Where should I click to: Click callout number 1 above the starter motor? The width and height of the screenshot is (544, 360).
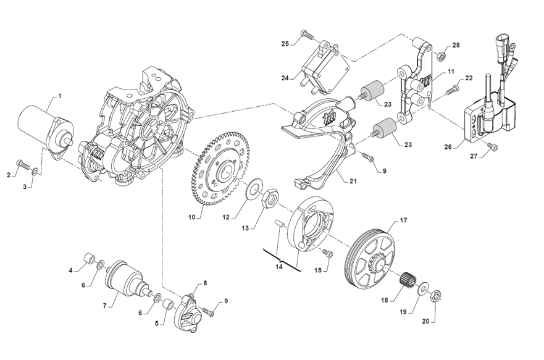(x=60, y=96)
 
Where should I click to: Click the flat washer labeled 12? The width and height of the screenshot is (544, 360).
(x=253, y=189)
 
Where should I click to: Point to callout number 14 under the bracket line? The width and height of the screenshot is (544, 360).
(x=278, y=266)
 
